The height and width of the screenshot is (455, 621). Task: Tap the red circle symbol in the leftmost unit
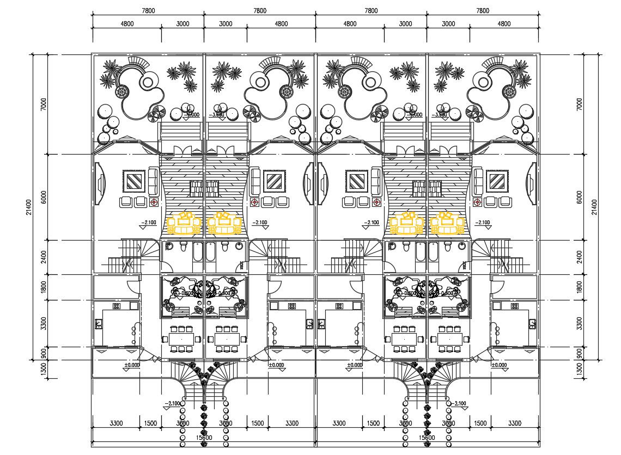(154, 202)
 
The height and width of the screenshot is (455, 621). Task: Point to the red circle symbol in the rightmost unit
(478, 202)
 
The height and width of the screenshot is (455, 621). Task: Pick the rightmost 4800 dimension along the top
(504, 24)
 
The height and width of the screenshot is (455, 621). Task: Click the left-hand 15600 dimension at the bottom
(204, 437)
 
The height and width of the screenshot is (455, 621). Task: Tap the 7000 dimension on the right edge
(580, 104)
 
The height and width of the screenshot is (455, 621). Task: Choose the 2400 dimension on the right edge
(580, 257)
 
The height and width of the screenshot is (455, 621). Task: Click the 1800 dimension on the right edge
(580, 287)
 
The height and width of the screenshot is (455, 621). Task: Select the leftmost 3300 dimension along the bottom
(116, 423)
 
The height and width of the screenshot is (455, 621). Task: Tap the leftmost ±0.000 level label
(132, 365)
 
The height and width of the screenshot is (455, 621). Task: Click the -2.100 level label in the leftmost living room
(149, 223)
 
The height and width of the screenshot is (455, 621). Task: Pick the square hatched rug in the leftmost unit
(133, 181)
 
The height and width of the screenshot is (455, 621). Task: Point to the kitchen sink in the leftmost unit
(99, 324)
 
